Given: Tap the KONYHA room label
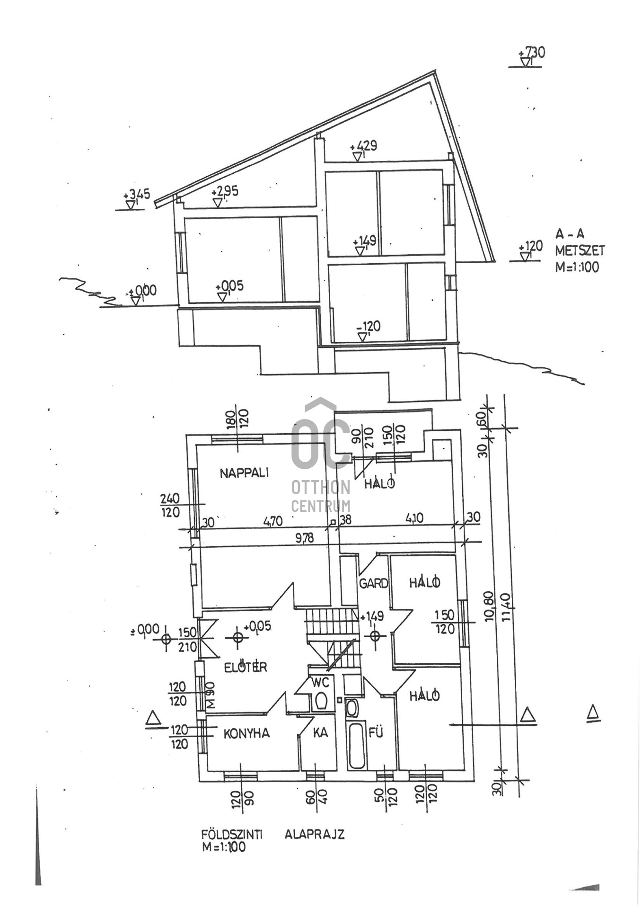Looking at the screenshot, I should (246, 733).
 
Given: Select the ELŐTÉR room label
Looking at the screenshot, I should (245, 667).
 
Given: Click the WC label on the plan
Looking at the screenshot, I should (320, 683).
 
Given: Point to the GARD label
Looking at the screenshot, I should (373, 583).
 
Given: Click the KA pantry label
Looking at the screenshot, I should (320, 732).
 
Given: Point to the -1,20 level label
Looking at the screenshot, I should (369, 326).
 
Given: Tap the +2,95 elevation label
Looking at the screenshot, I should (225, 192).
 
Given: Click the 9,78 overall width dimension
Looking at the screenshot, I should (304, 538).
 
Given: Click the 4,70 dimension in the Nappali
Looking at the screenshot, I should (273, 521).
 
